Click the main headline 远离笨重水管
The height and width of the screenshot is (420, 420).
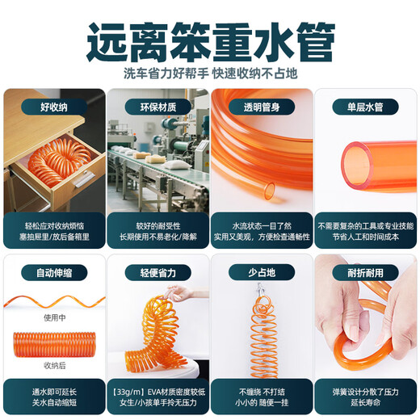click(x=210, y=42)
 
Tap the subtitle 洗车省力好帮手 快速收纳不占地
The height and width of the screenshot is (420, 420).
click(x=210, y=73)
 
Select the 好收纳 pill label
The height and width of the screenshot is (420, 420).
click(x=54, y=107)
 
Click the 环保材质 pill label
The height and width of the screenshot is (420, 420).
click(x=158, y=107)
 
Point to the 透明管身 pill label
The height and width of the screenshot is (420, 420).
click(x=262, y=107)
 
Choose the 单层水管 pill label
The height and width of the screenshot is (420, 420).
click(x=365, y=107)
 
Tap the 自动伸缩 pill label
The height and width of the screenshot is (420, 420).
click(x=54, y=273)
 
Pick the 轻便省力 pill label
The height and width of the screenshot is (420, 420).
click(x=158, y=273)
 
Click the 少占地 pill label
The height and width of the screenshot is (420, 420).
click(x=262, y=273)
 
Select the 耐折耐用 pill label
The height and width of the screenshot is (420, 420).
click(x=365, y=273)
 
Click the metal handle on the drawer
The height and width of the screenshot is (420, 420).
click(x=84, y=178)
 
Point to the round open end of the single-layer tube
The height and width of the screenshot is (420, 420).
click(x=357, y=165)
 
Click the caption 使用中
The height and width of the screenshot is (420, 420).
click(x=55, y=318)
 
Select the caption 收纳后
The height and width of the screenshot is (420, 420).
click(x=55, y=365)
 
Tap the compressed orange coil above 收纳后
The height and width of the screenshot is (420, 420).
click(x=55, y=345)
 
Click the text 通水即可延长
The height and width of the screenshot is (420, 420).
click(x=54, y=392)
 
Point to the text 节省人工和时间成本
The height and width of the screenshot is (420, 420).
click(x=365, y=237)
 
